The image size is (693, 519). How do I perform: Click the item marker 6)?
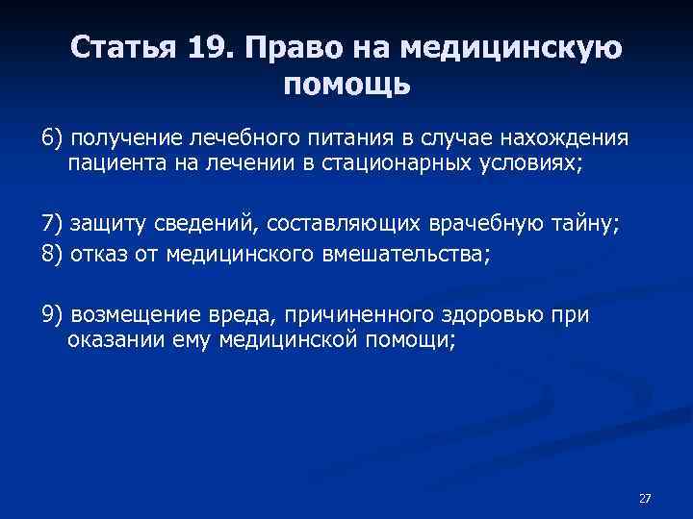(52, 137)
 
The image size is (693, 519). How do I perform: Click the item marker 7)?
(52, 226)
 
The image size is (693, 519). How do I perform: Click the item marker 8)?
(52, 253)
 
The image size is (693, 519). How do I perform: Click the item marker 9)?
(52, 315)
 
